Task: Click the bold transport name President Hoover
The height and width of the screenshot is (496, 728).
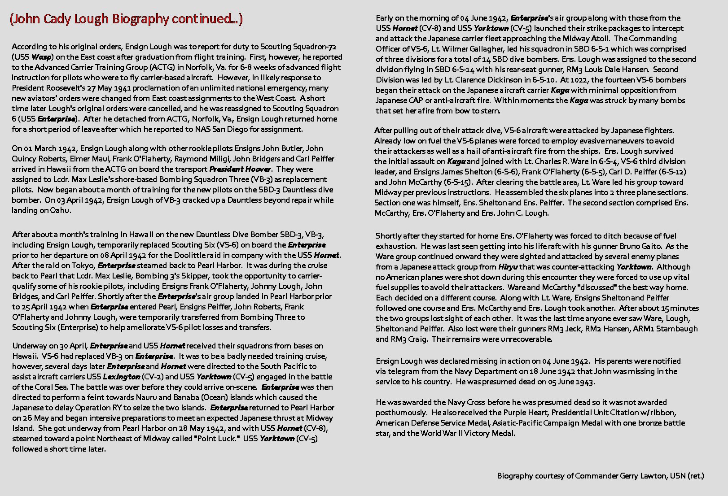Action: [240, 169]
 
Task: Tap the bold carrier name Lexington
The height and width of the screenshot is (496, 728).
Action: [121, 377]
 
